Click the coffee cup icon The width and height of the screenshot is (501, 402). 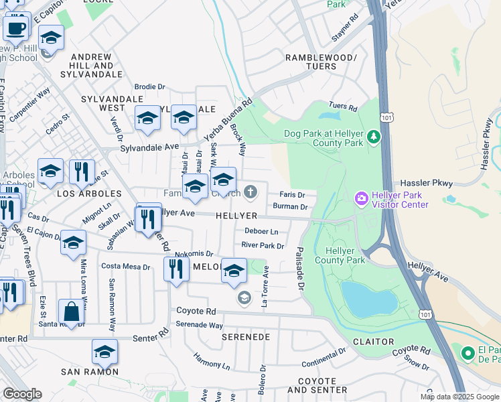16,28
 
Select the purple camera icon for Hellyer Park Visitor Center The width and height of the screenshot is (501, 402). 361,198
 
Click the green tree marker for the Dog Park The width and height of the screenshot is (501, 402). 373,137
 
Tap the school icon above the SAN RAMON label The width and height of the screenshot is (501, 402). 104,352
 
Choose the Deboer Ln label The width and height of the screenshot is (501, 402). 261,231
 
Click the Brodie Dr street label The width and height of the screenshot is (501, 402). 149,86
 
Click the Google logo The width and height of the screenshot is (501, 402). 22,394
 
